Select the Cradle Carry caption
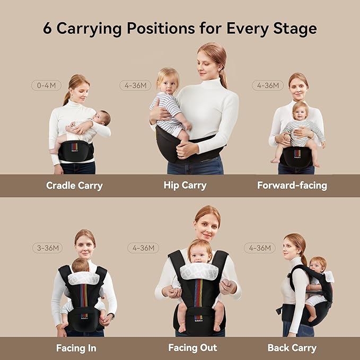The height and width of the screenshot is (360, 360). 74,186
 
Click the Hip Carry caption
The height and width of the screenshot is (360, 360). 185,186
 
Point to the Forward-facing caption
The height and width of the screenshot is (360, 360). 292,186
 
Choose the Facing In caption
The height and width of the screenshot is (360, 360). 76,348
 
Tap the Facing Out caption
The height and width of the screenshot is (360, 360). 192,348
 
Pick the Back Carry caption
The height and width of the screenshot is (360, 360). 292,348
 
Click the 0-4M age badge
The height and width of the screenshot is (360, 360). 47,85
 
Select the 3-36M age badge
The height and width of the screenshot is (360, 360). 47,248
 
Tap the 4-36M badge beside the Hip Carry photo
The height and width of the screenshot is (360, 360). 135,85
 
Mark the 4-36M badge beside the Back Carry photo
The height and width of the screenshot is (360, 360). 260,248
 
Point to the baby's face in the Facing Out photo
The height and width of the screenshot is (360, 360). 199,253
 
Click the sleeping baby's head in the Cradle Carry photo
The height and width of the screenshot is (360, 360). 103,117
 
